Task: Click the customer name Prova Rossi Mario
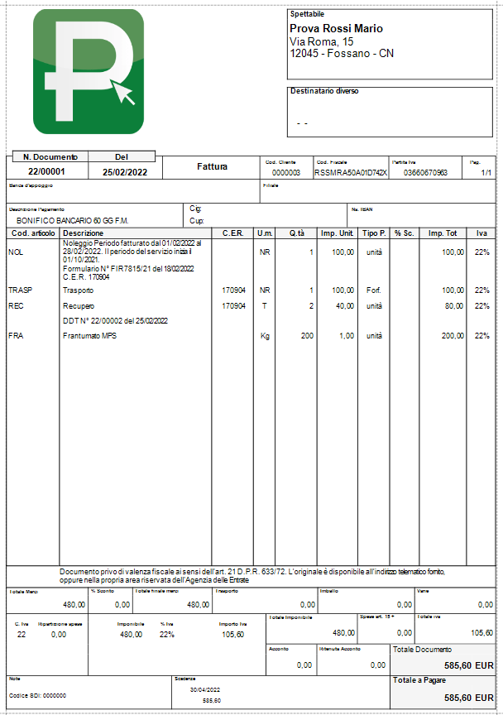point(336,29)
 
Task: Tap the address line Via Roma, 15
point(322,41)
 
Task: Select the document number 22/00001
point(46,172)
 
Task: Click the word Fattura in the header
point(212,166)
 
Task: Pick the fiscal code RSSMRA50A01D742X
point(350,173)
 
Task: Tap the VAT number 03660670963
point(425,173)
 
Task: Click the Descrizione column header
point(83,233)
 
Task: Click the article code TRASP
point(21,291)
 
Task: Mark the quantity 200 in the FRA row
point(307,336)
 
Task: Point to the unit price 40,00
point(343,306)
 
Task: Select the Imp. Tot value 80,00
point(453,306)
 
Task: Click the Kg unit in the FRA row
point(266,336)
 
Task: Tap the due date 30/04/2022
point(205,689)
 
